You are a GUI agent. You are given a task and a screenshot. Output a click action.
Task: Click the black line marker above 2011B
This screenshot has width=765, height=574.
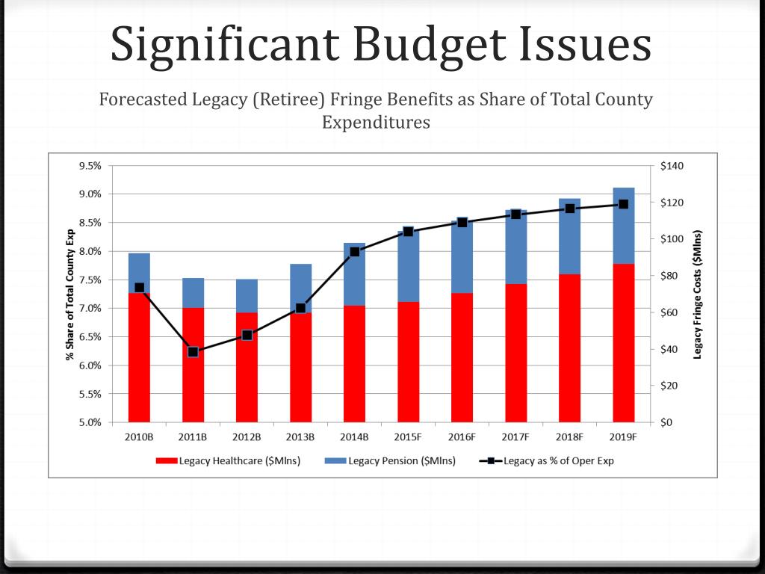click(x=193, y=351)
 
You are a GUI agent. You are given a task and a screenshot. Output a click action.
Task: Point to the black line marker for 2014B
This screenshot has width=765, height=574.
click(x=354, y=251)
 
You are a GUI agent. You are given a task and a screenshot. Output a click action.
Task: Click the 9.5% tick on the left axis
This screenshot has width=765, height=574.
click(x=90, y=166)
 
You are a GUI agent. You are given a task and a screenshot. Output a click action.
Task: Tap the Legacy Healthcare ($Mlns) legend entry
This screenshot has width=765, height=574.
click(x=229, y=460)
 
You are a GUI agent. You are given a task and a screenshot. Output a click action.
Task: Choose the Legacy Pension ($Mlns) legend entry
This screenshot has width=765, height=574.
click(x=391, y=460)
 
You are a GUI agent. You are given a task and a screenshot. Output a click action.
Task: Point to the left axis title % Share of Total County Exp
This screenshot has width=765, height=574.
click(x=70, y=294)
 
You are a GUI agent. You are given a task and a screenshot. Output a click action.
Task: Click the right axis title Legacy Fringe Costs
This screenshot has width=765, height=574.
click(x=698, y=294)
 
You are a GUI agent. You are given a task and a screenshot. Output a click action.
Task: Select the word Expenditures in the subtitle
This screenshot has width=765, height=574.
click(x=376, y=122)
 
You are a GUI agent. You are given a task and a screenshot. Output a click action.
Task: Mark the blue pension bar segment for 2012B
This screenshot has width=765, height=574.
click(x=247, y=296)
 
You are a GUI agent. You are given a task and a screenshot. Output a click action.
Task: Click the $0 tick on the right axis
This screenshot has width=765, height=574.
click(x=667, y=422)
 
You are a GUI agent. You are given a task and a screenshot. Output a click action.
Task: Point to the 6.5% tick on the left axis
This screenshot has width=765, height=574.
click(x=90, y=337)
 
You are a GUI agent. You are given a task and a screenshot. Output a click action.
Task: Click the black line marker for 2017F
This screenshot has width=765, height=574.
click(x=515, y=214)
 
